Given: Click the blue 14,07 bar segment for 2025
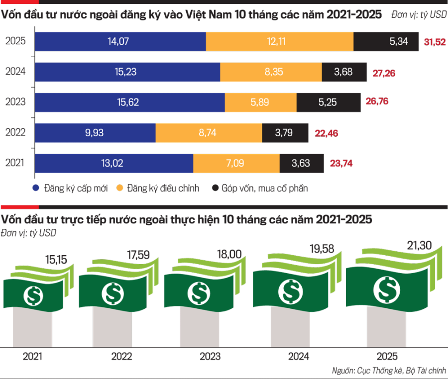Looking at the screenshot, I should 119,41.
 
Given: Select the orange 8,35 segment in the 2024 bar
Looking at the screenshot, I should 271,72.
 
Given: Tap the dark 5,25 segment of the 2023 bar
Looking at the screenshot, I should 329,102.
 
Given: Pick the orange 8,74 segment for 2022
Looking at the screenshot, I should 209,133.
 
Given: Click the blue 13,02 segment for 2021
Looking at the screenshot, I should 114,163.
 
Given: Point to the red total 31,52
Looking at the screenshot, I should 435,42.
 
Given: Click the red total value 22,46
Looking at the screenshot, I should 327,133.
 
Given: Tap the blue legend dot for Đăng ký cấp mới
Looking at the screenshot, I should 35,188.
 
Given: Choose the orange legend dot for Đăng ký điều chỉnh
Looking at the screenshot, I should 119,188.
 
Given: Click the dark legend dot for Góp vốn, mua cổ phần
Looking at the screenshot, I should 215,188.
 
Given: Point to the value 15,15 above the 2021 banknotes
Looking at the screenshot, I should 55,259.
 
